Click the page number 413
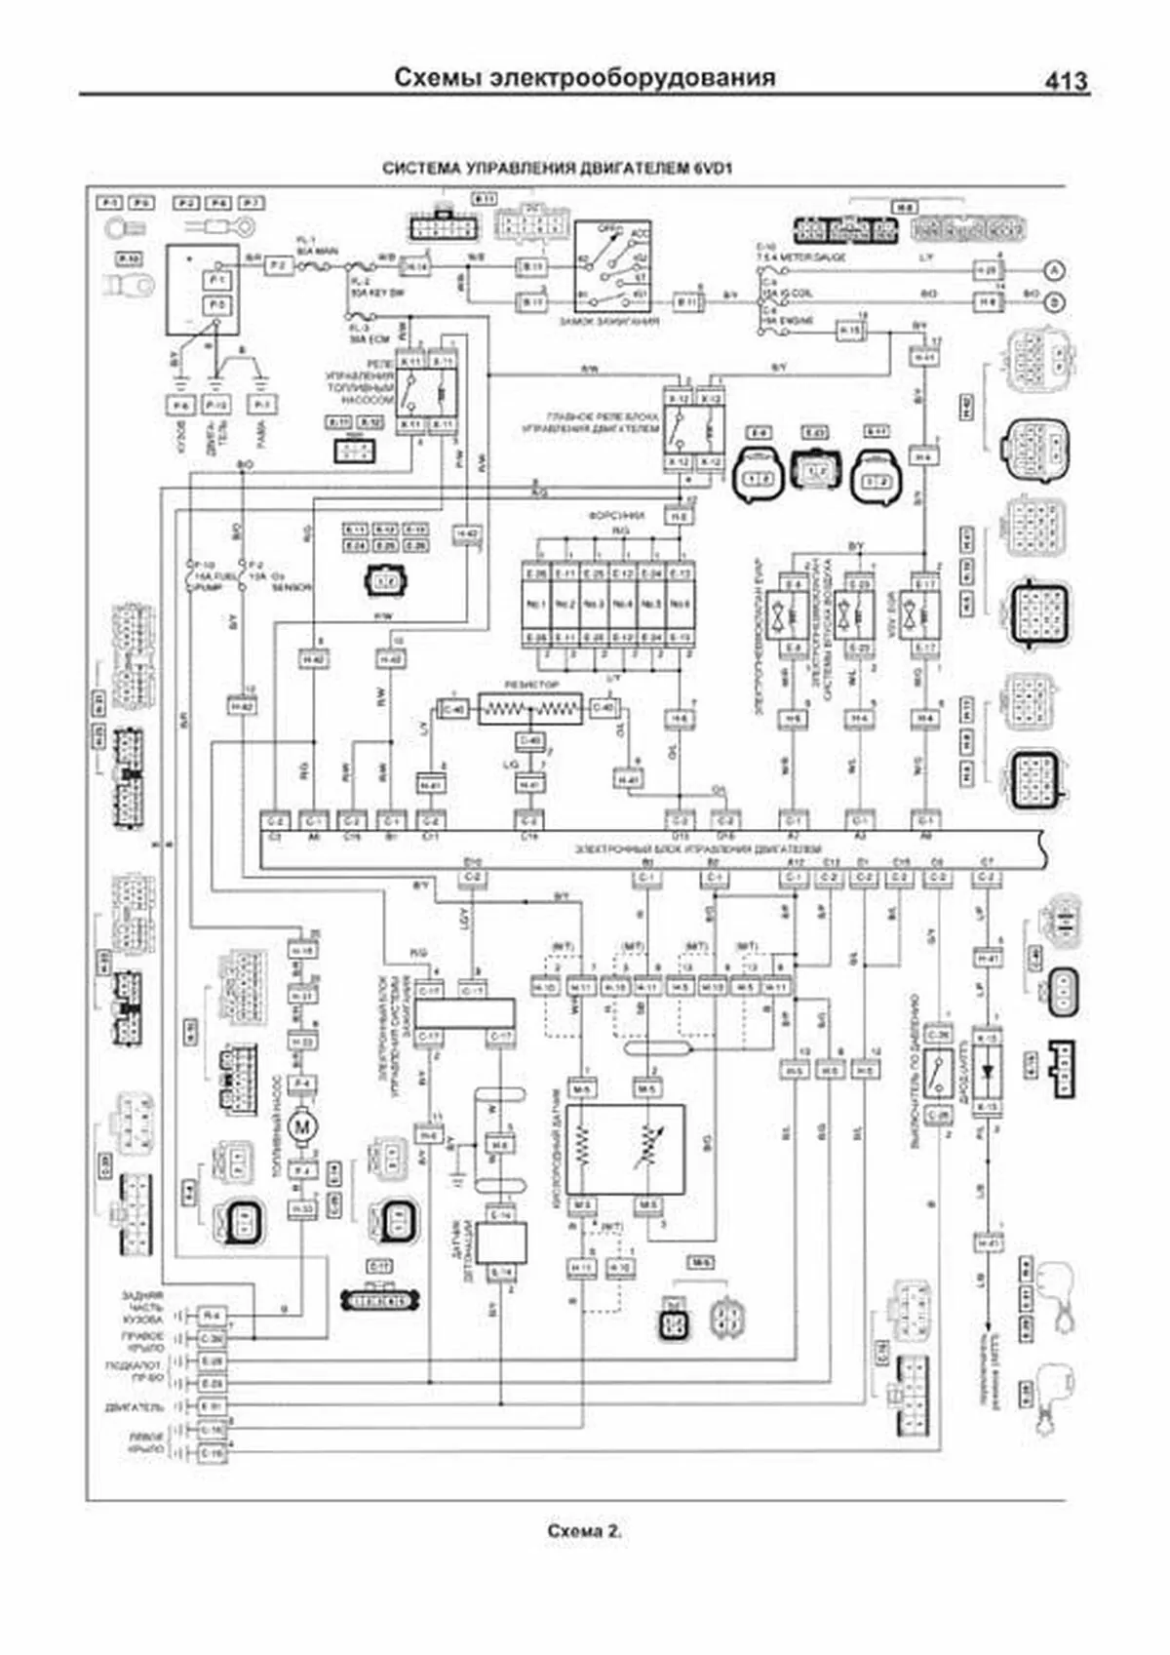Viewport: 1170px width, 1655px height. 1066,81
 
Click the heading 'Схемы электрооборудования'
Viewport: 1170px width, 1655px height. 585,77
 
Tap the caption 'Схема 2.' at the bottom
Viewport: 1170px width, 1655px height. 584,1531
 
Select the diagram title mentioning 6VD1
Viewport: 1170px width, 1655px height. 558,168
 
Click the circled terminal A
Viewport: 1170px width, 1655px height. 1054,270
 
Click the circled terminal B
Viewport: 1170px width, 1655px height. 1054,302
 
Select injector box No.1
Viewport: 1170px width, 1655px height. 536,604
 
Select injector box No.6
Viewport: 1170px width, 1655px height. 680,604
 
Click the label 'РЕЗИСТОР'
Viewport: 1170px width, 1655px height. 532,686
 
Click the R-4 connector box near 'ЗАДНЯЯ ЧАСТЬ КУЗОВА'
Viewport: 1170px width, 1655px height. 212,1316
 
